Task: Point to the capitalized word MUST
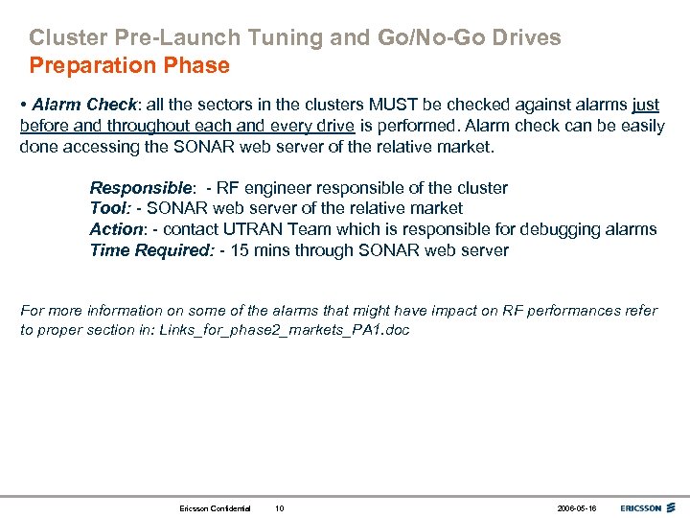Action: point(369,105)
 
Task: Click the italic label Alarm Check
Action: point(77,105)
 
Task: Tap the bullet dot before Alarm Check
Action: point(24,105)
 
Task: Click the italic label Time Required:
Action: point(151,250)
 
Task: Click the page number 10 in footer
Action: point(279,507)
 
